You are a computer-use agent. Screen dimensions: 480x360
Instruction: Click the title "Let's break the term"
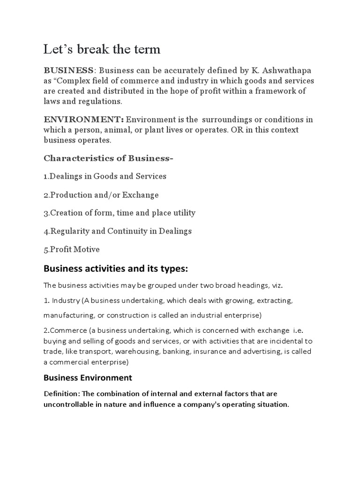tap(102, 49)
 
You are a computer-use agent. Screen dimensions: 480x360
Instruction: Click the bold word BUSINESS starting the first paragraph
tap(68, 70)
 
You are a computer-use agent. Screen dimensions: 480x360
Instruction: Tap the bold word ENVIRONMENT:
tap(84, 120)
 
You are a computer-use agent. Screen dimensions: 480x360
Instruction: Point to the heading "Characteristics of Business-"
tap(108, 158)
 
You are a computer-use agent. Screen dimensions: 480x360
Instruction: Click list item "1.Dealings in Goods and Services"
tap(105, 176)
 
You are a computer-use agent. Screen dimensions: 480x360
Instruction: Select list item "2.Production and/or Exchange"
tap(101, 195)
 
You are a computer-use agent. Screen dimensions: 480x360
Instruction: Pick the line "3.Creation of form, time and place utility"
tap(120, 213)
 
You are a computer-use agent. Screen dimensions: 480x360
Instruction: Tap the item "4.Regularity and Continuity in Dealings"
tap(118, 231)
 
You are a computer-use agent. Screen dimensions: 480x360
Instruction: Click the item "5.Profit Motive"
tap(72, 249)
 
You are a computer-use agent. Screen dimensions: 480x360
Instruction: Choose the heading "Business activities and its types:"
tap(115, 269)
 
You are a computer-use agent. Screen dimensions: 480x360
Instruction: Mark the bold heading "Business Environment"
tap(88, 378)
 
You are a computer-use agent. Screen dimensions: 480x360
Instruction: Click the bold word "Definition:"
tap(62, 394)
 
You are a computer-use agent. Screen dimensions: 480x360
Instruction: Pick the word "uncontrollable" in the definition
tap(67, 405)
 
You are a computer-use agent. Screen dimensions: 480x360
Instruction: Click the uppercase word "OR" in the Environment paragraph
tap(236, 130)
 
